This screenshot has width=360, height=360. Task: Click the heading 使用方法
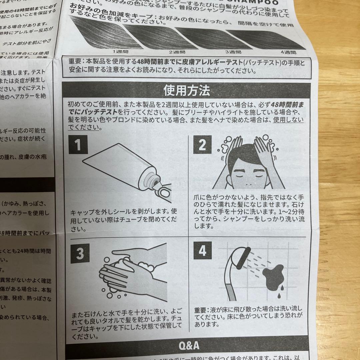point(187,90)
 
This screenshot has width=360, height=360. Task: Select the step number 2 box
point(203,145)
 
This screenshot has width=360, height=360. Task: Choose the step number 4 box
point(203,251)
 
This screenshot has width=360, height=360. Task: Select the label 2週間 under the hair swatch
point(177,52)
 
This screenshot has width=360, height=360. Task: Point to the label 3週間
point(233,52)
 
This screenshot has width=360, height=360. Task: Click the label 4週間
point(289,52)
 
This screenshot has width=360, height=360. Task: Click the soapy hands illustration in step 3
point(133,273)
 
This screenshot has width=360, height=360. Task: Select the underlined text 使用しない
point(288,120)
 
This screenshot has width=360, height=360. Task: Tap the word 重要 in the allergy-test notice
point(75,62)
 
